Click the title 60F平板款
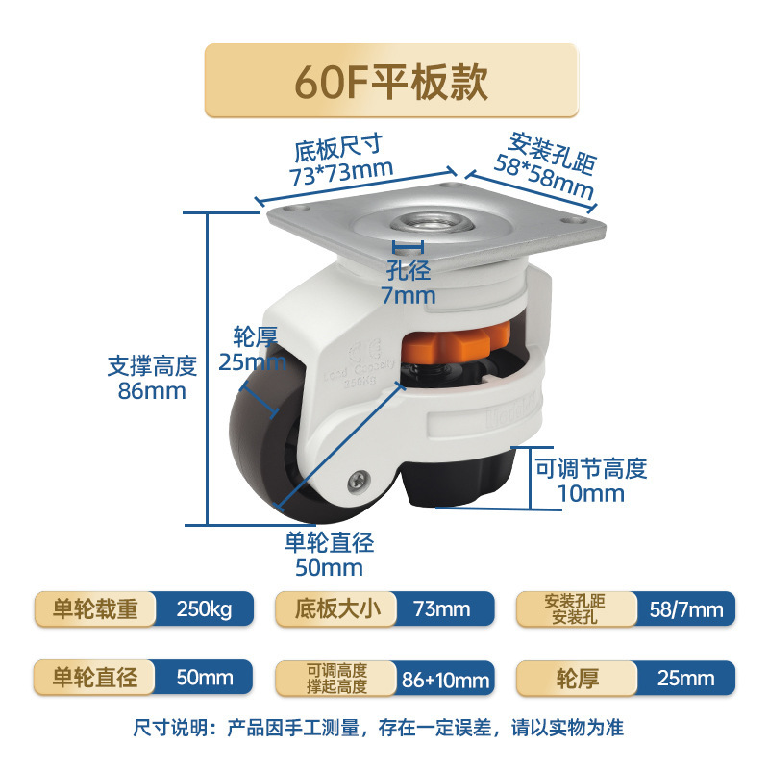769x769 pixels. [391, 82]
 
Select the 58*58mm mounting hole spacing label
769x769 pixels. [551, 165]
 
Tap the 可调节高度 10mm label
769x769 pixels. [591, 481]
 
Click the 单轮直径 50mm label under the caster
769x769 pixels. [329, 555]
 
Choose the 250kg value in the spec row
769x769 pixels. [204, 609]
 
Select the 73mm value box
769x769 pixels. [443, 609]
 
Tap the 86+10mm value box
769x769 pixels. [444, 679]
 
